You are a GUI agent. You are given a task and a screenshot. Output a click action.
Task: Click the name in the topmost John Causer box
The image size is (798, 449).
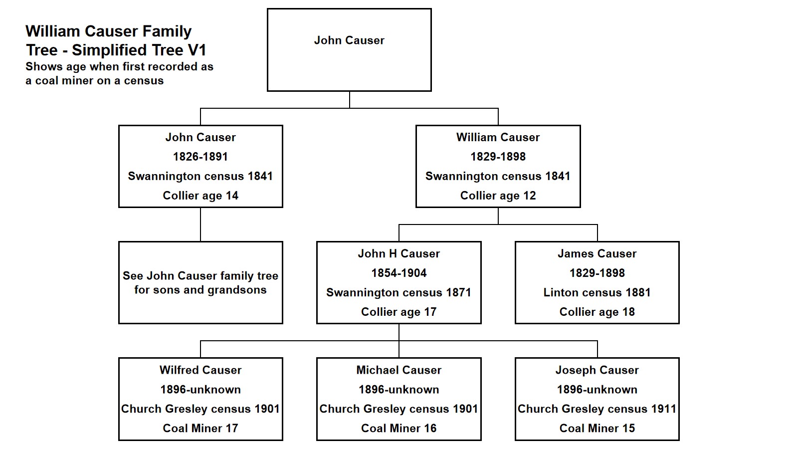click(349, 40)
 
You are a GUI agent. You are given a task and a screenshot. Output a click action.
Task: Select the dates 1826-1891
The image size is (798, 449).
click(200, 157)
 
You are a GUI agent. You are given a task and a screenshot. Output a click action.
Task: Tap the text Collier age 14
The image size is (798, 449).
click(200, 196)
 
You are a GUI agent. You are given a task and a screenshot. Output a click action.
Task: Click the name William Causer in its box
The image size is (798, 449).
click(498, 137)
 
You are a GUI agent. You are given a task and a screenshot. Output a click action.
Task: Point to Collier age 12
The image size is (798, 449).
click(498, 196)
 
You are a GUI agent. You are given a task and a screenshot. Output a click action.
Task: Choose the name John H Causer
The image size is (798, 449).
click(399, 253)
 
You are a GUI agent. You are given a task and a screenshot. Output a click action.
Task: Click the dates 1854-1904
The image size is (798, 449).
click(399, 273)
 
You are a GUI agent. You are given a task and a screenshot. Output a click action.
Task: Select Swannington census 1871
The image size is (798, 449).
click(399, 292)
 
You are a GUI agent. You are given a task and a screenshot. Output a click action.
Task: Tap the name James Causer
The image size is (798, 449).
click(597, 253)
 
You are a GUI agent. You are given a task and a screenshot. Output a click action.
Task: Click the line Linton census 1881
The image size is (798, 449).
click(597, 292)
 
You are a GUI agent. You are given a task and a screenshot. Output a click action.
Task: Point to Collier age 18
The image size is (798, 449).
click(597, 312)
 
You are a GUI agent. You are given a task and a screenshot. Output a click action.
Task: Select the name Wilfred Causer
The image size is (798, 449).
click(200, 370)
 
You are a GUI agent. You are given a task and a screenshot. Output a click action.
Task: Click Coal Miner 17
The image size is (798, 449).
click(200, 428)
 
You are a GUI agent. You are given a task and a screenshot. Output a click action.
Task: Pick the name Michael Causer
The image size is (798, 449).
click(399, 370)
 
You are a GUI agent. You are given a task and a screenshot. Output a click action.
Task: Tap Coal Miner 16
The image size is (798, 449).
click(399, 428)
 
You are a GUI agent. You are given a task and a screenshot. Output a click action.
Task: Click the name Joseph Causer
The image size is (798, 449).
click(597, 370)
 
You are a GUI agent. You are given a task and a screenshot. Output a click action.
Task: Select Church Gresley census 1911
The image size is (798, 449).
click(597, 409)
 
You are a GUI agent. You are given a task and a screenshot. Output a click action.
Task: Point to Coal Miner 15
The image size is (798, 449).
click(597, 428)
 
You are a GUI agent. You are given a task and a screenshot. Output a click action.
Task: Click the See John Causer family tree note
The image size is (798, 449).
click(200, 283)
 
